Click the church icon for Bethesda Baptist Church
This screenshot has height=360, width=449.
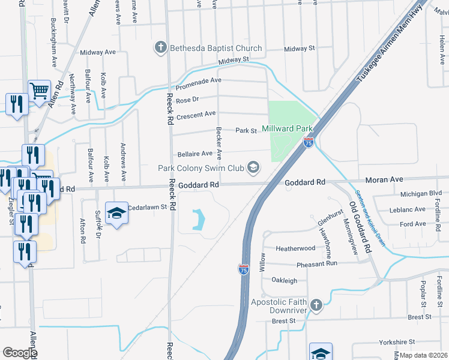tap(160, 47)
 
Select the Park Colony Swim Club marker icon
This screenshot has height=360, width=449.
tap(254, 167)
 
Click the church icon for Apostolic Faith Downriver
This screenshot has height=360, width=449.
tap(316, 305)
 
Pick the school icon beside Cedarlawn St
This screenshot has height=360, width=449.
tap(117, 213)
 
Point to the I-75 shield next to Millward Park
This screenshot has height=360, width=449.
tap(309, 142)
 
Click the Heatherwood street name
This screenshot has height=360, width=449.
tap(295, 248)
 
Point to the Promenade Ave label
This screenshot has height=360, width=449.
tap(199, 80)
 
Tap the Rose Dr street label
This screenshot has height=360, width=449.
tap(187, 99)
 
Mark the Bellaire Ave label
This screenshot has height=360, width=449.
tap(194, 154)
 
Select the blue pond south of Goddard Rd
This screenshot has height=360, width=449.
tap(197, 220)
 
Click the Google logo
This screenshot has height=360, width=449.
tap(20, 353)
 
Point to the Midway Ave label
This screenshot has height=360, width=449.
tap(101, 52)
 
